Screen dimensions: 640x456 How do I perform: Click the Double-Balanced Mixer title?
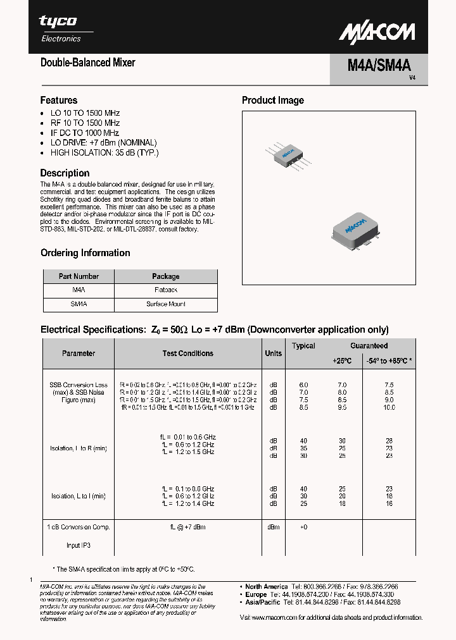pyautogui.click(x=87, y=63)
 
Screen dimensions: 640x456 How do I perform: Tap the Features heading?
pyautogui.click(x=59, y=100)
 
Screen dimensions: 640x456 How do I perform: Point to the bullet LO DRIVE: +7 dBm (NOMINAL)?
pyautogui.click(x=103, y=143)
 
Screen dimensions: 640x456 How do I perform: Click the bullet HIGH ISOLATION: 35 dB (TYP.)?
pyautogui.click(x=104, y=153)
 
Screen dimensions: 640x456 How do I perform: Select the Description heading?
pyautogui.click(x=65, y=173)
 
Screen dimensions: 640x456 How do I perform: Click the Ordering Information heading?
pyautogui.click(x=85, y=253)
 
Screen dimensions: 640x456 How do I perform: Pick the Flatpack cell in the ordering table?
pyautogui.click(x=165, y=290)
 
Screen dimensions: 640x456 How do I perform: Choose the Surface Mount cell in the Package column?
pyautogui.click(x=165, y=304)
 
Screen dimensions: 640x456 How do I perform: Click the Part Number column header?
pyautogui.click(x=79, y=276)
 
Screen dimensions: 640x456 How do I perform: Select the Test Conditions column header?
pyautogui.click(x=188, y=354)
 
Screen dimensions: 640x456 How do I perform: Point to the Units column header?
pyautogui.click(x=273, y=354)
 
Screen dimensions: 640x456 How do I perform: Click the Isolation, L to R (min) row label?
pyautogui.click(x=78, y=448)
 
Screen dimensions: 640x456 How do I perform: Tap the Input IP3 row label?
pyautogui.click(x=78, y=545)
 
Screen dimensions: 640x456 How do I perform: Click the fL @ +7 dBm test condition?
pyautogui.click(x=187, y=527)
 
